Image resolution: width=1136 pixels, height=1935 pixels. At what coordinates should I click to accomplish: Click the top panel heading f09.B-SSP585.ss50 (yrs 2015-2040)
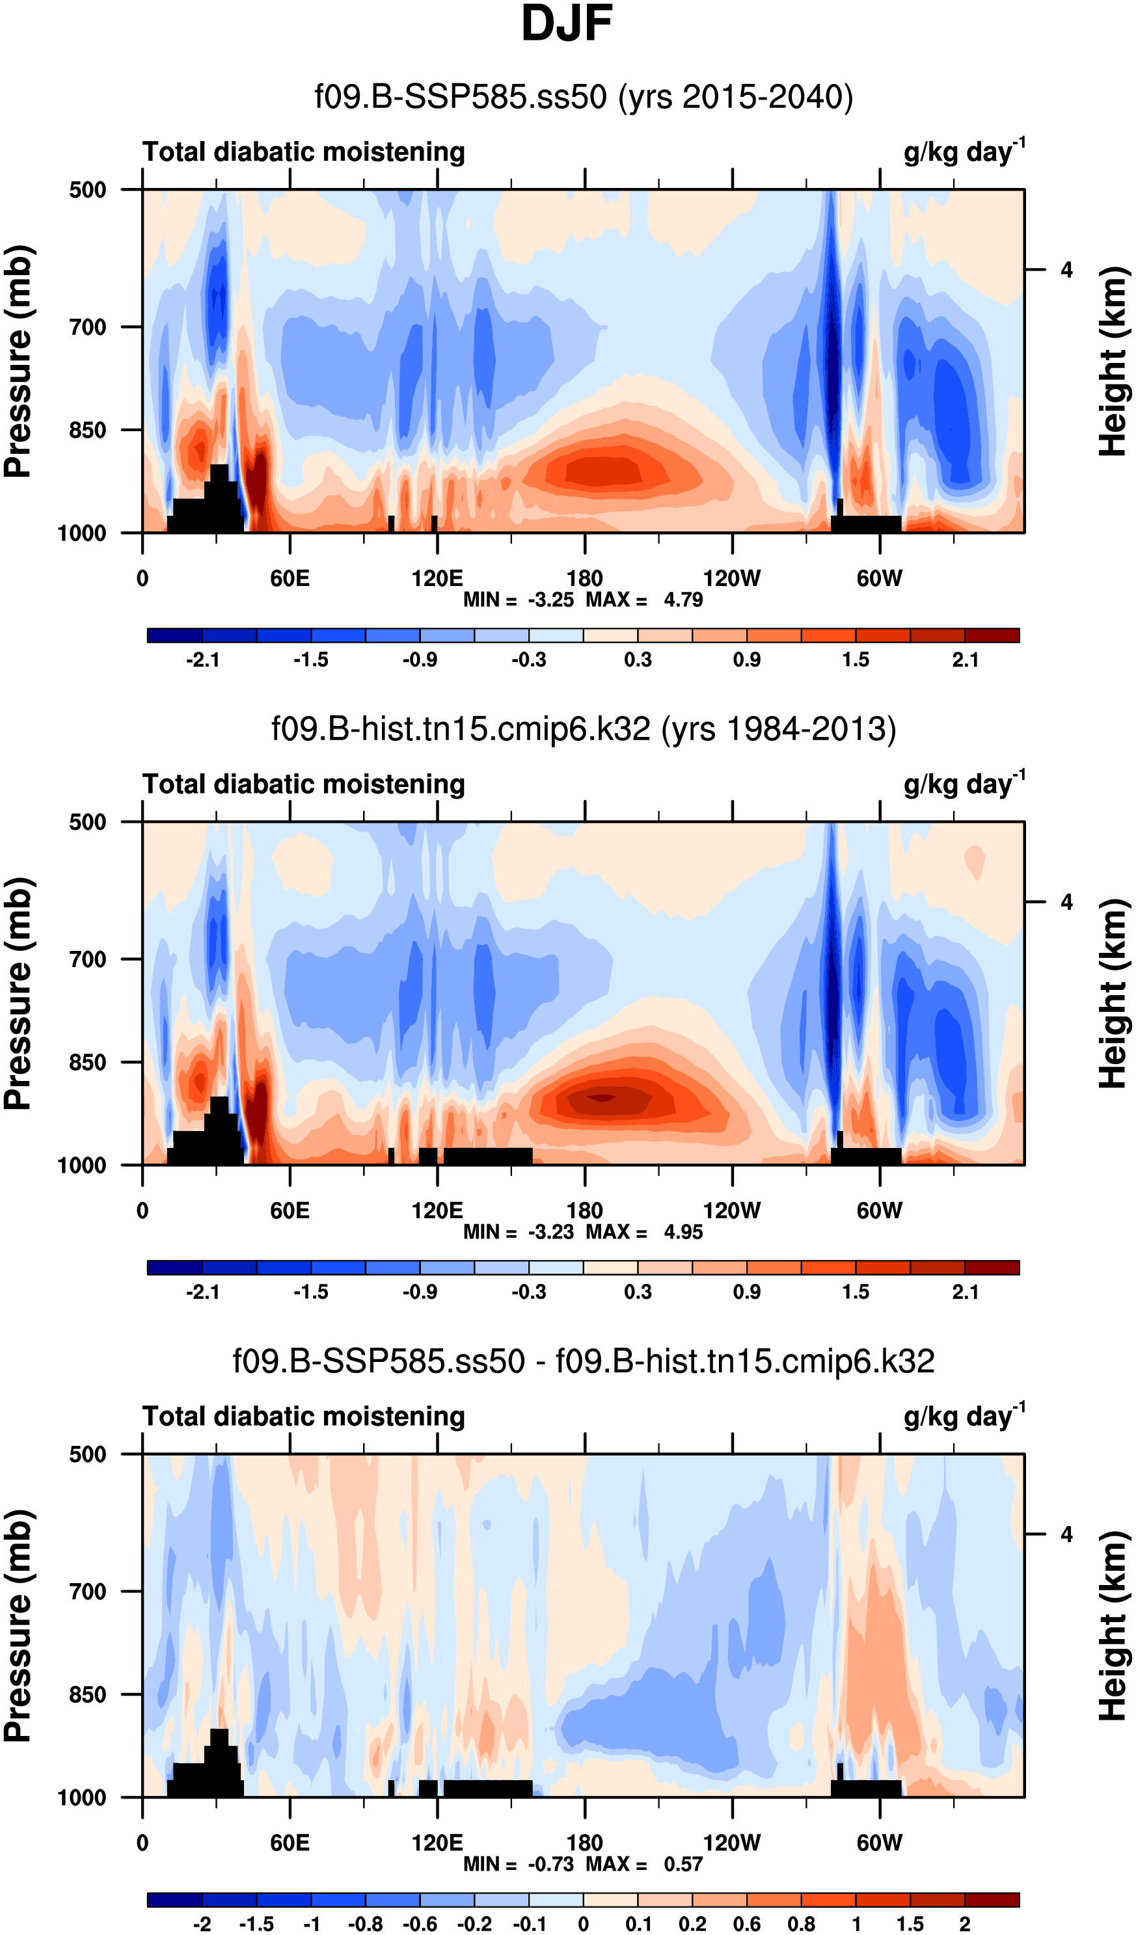584,98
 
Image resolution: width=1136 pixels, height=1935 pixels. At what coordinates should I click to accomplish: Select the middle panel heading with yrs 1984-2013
584,728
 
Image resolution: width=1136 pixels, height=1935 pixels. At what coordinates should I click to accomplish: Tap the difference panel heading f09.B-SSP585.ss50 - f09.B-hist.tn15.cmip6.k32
584,1361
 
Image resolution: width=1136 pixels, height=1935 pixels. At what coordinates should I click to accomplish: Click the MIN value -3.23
550,1233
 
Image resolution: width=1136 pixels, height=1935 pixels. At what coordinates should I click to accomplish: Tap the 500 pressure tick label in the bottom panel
88,1454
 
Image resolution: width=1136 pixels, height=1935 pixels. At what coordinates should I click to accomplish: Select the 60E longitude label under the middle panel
290,1211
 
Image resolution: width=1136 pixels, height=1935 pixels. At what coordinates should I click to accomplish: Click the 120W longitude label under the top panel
731,578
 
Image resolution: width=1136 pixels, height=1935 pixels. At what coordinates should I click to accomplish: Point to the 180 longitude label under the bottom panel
584,1843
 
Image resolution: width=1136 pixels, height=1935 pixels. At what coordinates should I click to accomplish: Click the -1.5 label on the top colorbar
311,660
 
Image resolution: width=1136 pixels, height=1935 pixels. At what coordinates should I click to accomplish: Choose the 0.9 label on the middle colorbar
746,1292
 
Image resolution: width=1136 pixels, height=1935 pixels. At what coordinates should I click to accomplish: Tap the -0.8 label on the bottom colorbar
366,1924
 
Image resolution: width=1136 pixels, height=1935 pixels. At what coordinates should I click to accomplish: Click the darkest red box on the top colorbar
992,635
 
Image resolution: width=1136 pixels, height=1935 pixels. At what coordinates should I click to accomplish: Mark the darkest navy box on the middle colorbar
175,1268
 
